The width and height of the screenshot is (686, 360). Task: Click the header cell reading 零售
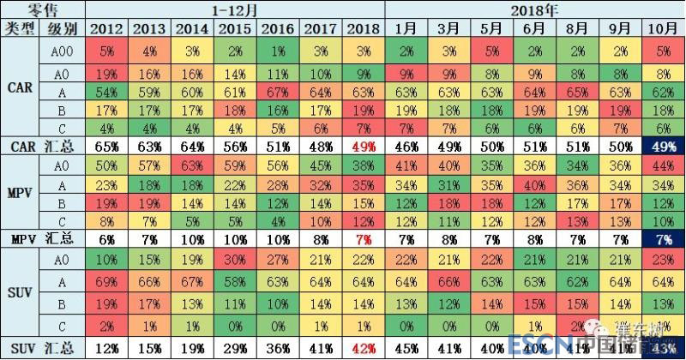[x=43, y=9]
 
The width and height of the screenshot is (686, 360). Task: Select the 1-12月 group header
[x=236, y=9]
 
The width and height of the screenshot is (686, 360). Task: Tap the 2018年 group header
[x=535, y=9]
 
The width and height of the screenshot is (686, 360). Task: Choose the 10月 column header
[x=664, y=28]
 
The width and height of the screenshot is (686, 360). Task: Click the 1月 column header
[x=406, y=28]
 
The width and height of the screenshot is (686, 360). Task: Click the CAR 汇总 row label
[x=43, y=147]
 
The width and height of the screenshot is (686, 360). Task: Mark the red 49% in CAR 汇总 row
[x=364, y=147]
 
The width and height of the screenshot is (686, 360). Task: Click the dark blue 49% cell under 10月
[x=664, y=147]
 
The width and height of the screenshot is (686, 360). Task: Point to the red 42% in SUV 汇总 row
[x=364, y=348]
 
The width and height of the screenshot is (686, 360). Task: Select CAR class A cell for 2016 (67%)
[x=278, y=92]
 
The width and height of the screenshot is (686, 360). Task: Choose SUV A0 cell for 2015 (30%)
[x=235, y=259]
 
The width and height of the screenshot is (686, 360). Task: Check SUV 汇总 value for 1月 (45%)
[x=406, y=348]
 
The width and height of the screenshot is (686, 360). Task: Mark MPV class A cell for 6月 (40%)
[x=535, y=184]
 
